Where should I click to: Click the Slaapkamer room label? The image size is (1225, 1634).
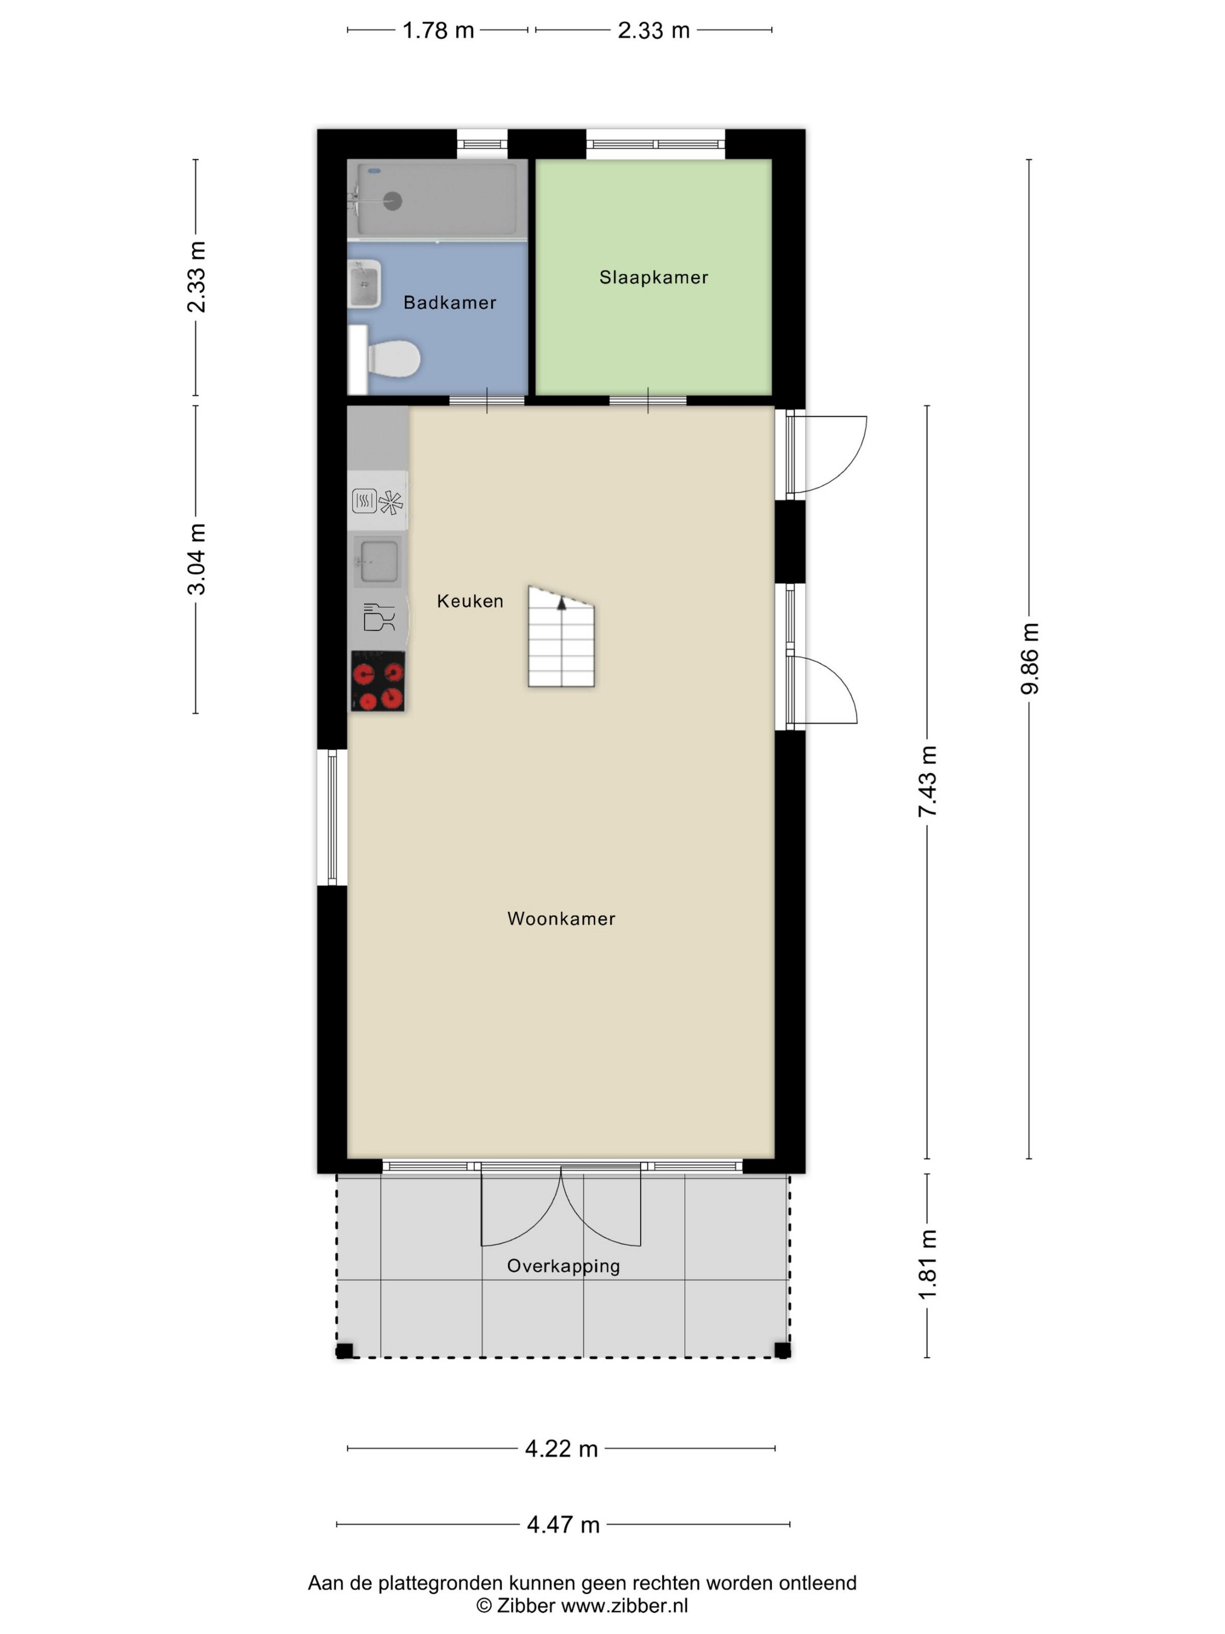(x=653, y=277)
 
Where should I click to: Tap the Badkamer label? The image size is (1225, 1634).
(x=450, y=302)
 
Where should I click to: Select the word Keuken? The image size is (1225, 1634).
(x=470, y=600)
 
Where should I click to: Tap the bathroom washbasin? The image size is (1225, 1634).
(x=365, y=283)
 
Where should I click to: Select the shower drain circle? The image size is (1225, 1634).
(x=392, y=200)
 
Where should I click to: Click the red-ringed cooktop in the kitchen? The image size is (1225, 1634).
(x=377, y=681)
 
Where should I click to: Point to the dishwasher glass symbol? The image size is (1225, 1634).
(x=379, y=617)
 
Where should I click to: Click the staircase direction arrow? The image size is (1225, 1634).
(x=561, y=603)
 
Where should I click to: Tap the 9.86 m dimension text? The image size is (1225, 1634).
(x=1030, y=658)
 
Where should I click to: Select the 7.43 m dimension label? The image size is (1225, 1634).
(x=928, y=781)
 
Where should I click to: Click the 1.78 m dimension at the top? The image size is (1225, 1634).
(x=438, y=30)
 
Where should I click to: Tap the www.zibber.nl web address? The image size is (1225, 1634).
(x=625, y=1605)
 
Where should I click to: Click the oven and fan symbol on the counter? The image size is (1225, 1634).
(x=377, y=501)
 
